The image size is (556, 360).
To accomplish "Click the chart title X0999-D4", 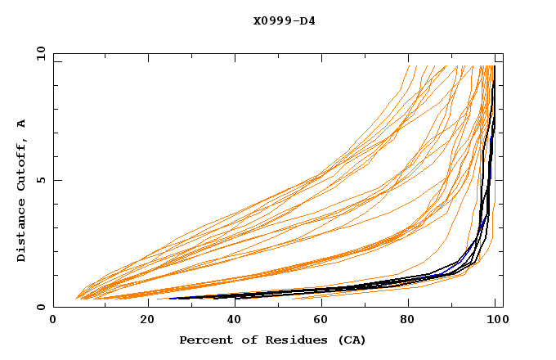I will [284, 20].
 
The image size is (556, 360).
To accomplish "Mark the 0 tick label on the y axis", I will [41, 308].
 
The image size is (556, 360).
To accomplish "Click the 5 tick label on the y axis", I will [41, 180].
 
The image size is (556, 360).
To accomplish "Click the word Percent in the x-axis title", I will [202, 340].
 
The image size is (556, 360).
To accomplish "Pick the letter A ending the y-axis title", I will [22, 124].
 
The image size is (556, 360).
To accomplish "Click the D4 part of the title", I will [308, 20].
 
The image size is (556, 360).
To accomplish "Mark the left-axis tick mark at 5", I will [56, 180].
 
